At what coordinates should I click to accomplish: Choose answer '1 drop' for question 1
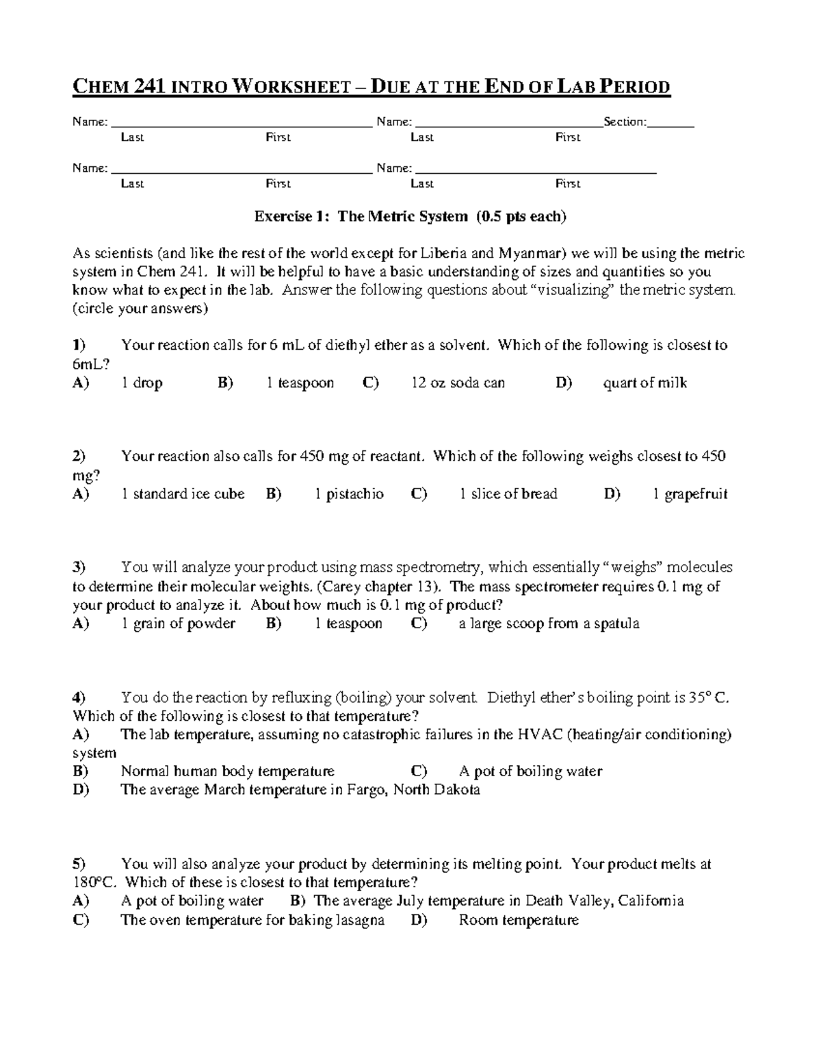point(142,383)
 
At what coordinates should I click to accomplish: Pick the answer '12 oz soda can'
point(458,383)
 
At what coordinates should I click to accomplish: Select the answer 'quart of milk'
point(644,383)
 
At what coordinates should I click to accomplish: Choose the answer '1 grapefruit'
point(690,494)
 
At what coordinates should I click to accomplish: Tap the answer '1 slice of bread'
point(508,494)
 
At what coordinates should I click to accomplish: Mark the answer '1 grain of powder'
point(178,624)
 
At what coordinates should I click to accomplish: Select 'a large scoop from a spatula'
point(549,624)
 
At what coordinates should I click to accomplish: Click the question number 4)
point(79,698)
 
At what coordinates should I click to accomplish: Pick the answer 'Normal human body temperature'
point(227,771)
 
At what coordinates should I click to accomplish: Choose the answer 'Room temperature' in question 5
point(519,921)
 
